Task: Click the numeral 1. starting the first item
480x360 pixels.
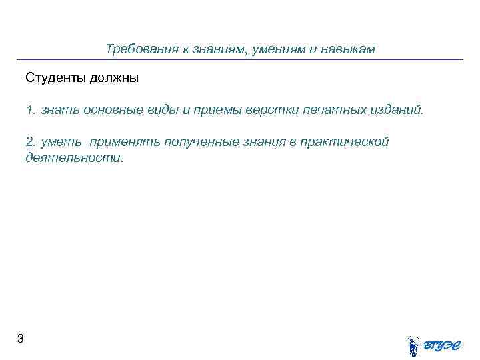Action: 30,109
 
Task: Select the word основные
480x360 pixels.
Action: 104,109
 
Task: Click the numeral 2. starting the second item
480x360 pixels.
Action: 31,141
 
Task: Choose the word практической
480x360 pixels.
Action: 344,141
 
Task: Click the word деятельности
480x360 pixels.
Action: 74,158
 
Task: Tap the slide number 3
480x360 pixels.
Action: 21,339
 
